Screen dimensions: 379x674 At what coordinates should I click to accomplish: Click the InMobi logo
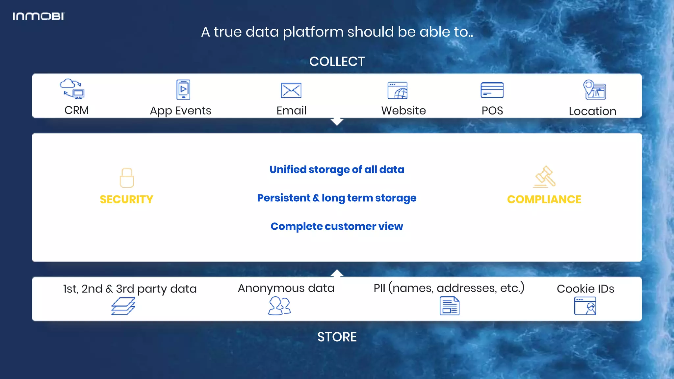tap(39, 16)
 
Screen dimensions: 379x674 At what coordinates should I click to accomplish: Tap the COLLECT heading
tap(337, 62)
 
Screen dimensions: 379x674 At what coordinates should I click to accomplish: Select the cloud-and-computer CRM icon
tap(72, 89)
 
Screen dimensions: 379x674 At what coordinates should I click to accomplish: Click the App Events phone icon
tap(183, 89)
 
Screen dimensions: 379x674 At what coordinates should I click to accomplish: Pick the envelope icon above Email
tap(291, 90)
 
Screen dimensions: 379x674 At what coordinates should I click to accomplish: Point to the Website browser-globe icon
tap(398, 90)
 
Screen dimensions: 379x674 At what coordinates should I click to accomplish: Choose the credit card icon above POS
tap(492, 90)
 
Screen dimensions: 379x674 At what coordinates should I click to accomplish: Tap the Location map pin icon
tap(594, 89)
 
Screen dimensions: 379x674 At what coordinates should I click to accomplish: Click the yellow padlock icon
tap(127, 178)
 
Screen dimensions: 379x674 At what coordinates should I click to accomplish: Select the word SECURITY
tap(127, 199)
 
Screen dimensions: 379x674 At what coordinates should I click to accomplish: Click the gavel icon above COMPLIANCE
tap(545, 177)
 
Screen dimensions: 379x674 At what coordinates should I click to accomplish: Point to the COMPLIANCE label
tap(544, 199)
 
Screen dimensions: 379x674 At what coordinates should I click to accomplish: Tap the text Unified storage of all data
tap(337, 169)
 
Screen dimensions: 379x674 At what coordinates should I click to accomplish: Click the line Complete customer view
tap(337, 226)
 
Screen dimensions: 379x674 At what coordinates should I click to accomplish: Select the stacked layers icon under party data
tap(123, 306)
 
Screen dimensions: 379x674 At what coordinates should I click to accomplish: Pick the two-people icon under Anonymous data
tap(279, 306)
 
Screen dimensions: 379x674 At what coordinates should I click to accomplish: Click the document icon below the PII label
tap(450, 306)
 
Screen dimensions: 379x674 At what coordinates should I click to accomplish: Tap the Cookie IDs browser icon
tap(585, 306)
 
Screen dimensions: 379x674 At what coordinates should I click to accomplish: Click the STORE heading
tap(337, 337)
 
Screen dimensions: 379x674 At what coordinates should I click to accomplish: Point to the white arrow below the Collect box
tap(337, 122)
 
